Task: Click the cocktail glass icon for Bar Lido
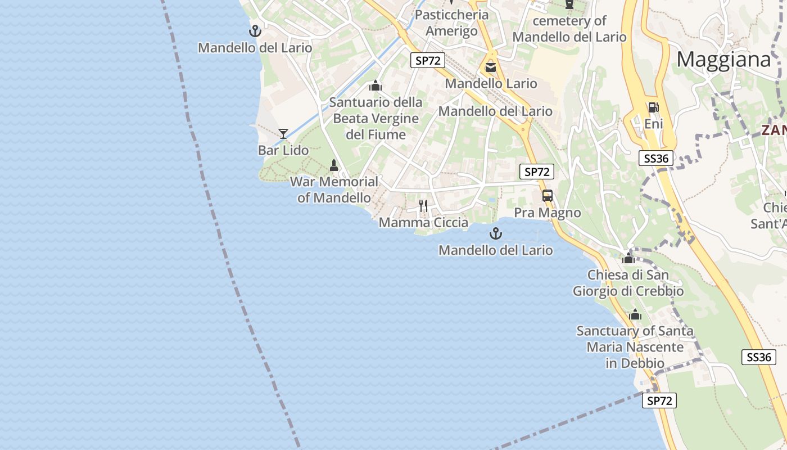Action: (283, 133)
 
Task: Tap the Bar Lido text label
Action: (283, 150)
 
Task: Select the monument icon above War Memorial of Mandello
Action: (334, 165)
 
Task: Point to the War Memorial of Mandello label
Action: (334, 190)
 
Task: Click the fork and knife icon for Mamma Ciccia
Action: (423, 206)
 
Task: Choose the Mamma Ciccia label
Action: (423, 223)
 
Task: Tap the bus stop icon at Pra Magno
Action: (548, 196)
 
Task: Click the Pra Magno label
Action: (548, 213)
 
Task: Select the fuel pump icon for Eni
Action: (653, 107)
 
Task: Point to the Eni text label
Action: (653, 124)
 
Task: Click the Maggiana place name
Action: (723, 60)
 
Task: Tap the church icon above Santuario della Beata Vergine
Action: (376, 86)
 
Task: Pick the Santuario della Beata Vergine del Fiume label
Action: (376, 119)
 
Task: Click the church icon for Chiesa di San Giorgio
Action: (628, 259)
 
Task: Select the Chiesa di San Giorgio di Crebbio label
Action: (628, 283)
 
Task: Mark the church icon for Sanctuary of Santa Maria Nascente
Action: (635, 315)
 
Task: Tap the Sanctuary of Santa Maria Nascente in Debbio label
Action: (635, 347)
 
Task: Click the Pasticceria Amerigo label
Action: (452, 22)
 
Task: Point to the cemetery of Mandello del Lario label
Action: (569, 29)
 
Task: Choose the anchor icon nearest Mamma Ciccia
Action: (495, 233)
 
